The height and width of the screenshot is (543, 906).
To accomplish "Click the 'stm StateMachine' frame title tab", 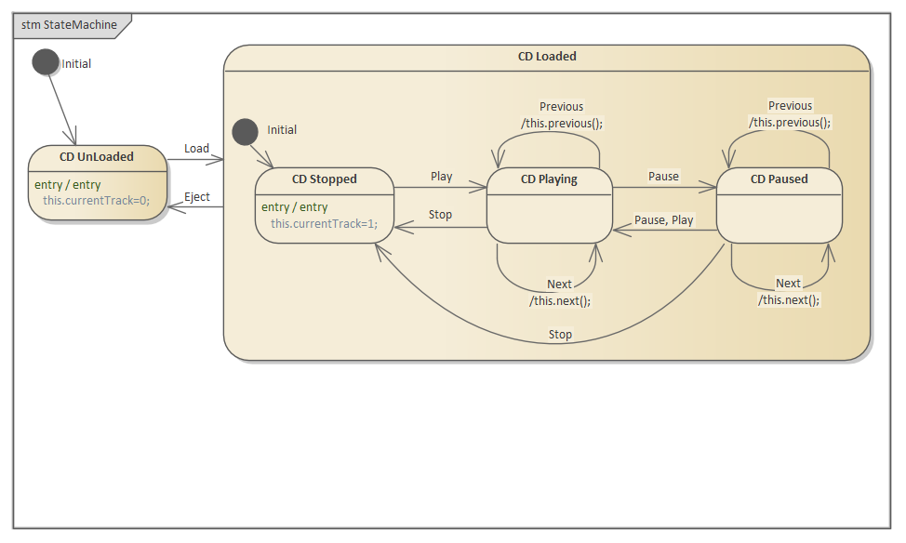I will point(69,25).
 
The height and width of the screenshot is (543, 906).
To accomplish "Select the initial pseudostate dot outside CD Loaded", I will point(45,62).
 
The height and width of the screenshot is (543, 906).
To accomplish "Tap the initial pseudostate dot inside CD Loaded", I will point(245,131).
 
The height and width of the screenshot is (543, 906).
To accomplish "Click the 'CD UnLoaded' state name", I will point(97,156).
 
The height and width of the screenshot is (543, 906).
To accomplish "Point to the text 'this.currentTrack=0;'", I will point(96,200).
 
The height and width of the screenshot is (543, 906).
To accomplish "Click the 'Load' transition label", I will point(196,149).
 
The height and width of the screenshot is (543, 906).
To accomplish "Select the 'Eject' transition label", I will point(196,196).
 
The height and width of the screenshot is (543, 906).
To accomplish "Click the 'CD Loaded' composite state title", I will point(547,57).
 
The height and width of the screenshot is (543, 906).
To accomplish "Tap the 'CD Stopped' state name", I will point(324,179).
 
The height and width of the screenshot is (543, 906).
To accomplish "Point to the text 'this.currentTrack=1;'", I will point(325,223).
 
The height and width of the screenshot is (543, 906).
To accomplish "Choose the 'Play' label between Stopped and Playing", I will point(442,176).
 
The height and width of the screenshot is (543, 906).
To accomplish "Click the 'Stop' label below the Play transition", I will point(440,215).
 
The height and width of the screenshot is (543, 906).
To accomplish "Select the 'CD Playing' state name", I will point(549,179).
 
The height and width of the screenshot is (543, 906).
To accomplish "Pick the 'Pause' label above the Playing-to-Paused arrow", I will point(663,176).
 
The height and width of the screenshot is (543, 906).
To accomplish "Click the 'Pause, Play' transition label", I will point(663,220).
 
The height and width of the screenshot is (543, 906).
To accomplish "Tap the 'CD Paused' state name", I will point(779,179).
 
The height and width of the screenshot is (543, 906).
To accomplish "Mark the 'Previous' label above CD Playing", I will point(562,107).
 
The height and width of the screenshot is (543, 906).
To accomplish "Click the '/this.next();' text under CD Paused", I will point(789,299).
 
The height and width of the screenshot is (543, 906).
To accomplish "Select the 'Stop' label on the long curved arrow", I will point(560,334).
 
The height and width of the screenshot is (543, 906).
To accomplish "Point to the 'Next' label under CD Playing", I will point(559,285).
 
